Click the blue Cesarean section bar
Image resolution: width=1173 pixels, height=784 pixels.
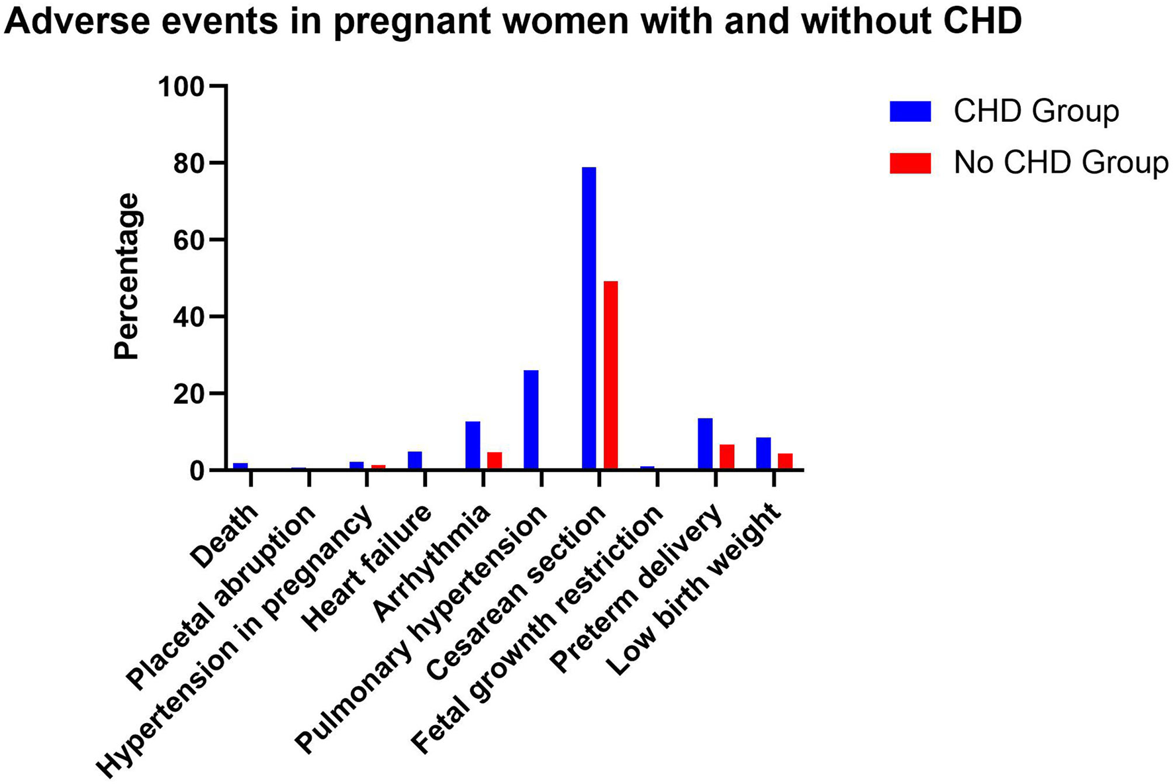588,318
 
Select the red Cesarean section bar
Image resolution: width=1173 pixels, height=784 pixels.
610,375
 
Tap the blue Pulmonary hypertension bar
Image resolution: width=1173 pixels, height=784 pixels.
531,420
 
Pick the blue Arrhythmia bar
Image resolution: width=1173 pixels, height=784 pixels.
473,445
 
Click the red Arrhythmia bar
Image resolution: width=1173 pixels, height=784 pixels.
494,461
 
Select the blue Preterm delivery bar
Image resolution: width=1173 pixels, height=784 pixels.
705,444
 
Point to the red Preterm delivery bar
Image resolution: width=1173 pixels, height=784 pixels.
727,457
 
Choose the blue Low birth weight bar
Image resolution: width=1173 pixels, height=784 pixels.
763,453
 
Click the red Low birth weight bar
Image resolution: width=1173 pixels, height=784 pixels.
785,461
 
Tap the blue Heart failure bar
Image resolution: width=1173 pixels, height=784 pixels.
415,460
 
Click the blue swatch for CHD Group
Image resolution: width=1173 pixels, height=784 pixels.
910,111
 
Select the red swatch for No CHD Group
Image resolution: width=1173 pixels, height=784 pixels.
910,163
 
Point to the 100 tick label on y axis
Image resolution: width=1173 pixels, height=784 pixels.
181,87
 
